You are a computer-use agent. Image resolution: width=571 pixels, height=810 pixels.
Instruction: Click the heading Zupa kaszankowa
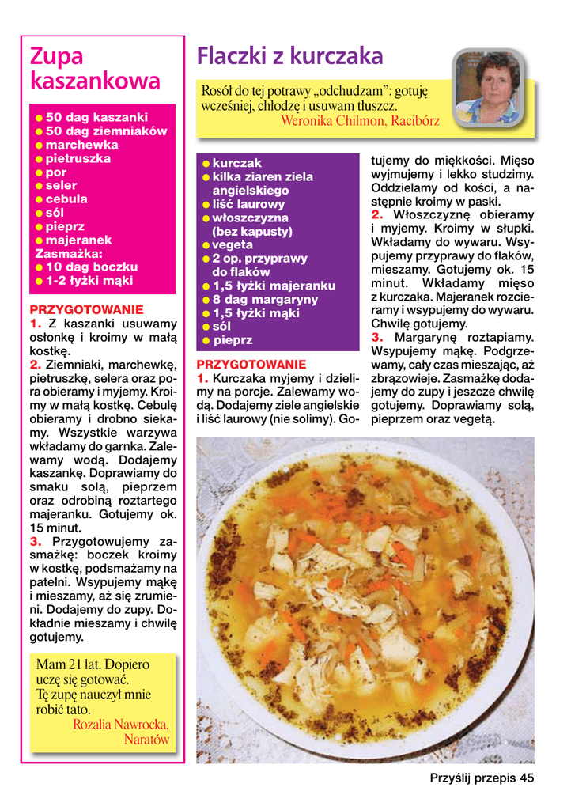[x=94, y=68]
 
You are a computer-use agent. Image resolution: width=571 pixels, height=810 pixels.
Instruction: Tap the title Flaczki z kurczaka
[x=289, y=56]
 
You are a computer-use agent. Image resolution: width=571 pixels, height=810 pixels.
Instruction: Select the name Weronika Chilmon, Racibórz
[x=360, y=121]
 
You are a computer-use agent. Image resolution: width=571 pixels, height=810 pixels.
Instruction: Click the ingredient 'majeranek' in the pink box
[x=78, y=240]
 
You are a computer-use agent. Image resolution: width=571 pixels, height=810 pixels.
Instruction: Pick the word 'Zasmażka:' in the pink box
[x=69, y=254]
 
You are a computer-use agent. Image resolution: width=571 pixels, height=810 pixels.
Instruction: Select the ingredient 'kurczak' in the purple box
[x=236, y=163]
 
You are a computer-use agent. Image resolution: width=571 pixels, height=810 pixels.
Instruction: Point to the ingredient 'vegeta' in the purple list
[x=233, y=245]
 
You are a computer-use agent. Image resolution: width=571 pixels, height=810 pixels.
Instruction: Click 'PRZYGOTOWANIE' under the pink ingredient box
[x=86, y=309]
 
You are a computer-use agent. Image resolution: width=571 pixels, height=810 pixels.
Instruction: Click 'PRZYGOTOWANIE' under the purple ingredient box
[x=251, y=365]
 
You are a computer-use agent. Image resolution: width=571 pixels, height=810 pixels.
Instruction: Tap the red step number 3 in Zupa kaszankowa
[x=36, y=542]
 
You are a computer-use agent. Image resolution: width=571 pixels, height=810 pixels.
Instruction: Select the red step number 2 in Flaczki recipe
[x=377, y=215]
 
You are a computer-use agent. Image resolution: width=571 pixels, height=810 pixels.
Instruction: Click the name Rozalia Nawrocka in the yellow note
[x=120, y=724]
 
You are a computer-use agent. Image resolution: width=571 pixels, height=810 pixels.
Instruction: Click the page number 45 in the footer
[x=527, y=778]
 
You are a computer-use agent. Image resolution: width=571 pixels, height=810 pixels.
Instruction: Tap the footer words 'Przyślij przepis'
[x=473, y=778]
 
